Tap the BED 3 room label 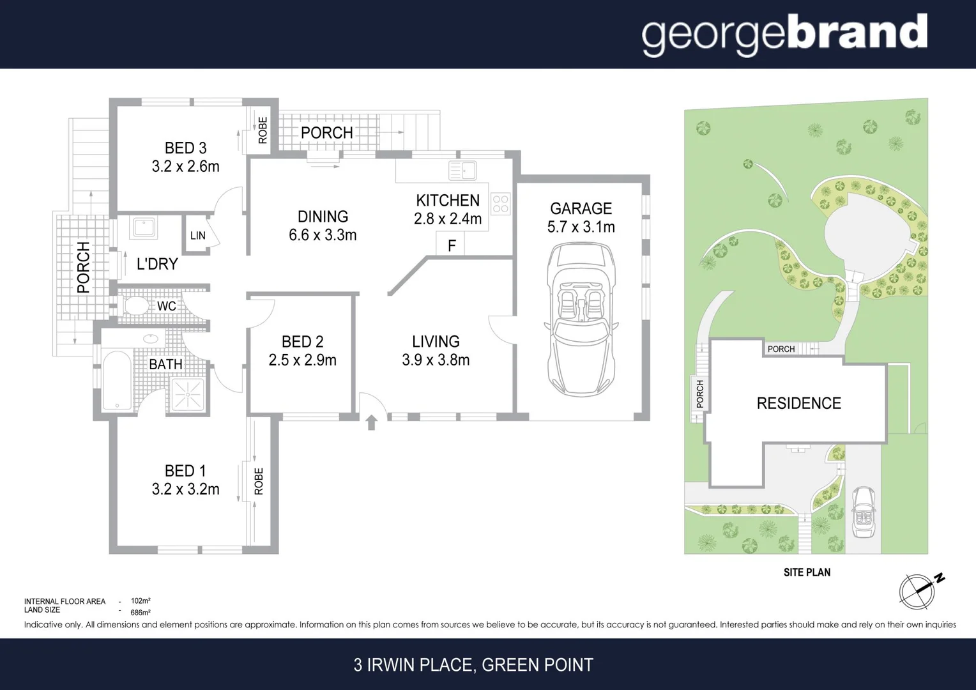coord(185,148)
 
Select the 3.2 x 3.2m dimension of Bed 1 coord(185,489)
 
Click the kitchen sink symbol coord(462,171)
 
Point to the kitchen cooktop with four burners coord(500,204)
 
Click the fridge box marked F coord(451,245)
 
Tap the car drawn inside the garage coord(581,319)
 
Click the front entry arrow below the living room coord(371,422)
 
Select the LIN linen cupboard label coord(198,236)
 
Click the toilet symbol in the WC coord(135,306)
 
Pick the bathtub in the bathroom coord(117,380)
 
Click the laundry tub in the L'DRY coord(143,228)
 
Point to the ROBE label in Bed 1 coord(259,481)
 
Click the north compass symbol coord(918,590)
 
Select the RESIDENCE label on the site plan coord(798,403)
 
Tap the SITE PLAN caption coord(807,572)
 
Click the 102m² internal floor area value coord(141,601)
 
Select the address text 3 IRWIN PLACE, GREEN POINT coord(473,665)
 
